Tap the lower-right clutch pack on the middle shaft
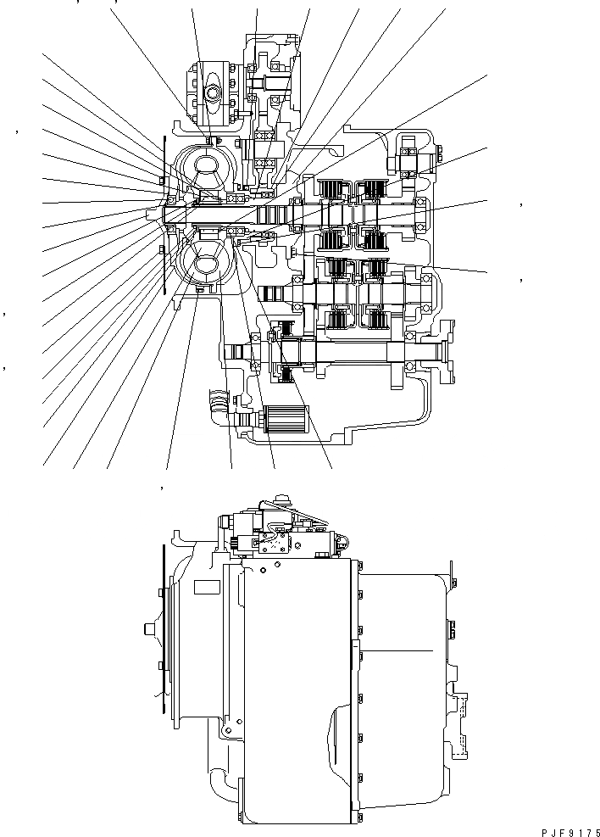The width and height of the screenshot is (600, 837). (x=375, y=317)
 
